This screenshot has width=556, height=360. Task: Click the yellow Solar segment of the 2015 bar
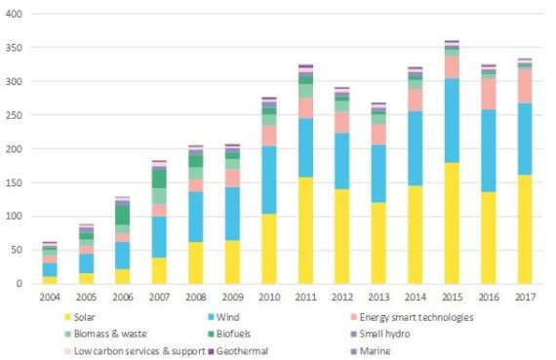[452, 223]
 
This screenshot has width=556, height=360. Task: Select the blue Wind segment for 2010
[269, 180]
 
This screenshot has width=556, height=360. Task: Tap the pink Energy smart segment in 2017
[525, 86]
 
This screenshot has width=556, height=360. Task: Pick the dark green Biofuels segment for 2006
[123, 215]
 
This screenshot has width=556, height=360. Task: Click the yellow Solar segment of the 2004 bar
[50, 280]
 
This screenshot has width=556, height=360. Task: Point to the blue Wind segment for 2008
[196, 217]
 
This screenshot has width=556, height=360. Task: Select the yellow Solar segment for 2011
[305, 230]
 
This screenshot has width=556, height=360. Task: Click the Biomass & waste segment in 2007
[159, 196]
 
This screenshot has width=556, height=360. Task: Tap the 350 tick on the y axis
[14, 48]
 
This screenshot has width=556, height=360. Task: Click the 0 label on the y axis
[19, 284]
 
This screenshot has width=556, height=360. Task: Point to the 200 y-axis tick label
[14, 149]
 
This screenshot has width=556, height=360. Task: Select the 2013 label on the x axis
[378, 298]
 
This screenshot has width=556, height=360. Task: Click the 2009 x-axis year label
[232, 298]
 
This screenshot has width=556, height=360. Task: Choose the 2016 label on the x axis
[489, 298]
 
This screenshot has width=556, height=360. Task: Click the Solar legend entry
[80, 317]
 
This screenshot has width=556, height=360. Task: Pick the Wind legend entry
[223, 317]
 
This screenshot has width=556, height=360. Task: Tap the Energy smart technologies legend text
[417, 317]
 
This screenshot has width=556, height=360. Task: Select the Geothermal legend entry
[238, 351]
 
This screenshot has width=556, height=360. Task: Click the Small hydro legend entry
[380, 334]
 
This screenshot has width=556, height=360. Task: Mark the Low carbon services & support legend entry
[135, 351]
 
